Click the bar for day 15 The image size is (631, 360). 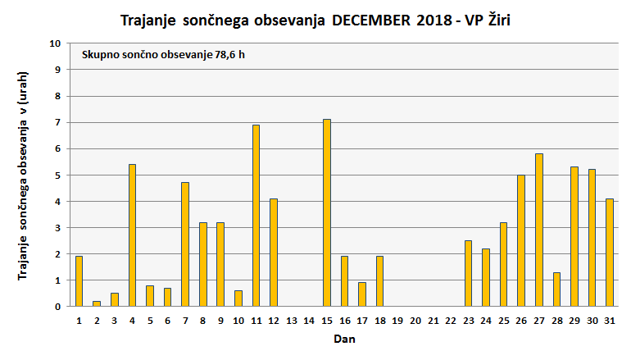(x=327, y=212)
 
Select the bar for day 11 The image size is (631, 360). (x=256, y=216)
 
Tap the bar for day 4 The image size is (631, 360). (x=132, y=235)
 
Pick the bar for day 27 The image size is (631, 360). (x=539, y=230)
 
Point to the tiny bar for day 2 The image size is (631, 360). (x=97, y=303)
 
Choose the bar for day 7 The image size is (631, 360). (x=185, y=244)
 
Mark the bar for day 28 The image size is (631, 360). (x=556, y=289)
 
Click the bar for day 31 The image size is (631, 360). (x=610, y=253)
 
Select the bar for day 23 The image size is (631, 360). (x=468, y=273)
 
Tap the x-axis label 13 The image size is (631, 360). (x=291, y=320)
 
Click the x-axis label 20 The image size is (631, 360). (x=415, y=320)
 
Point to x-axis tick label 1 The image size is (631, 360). (x=79, y=320)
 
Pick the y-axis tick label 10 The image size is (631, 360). (x=55, y=43)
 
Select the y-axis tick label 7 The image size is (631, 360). (x=57, y=122)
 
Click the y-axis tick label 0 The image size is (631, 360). (x=57, y=307)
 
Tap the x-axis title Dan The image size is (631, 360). (x=344, y=338)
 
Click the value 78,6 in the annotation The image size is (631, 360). (x=224, y=55)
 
